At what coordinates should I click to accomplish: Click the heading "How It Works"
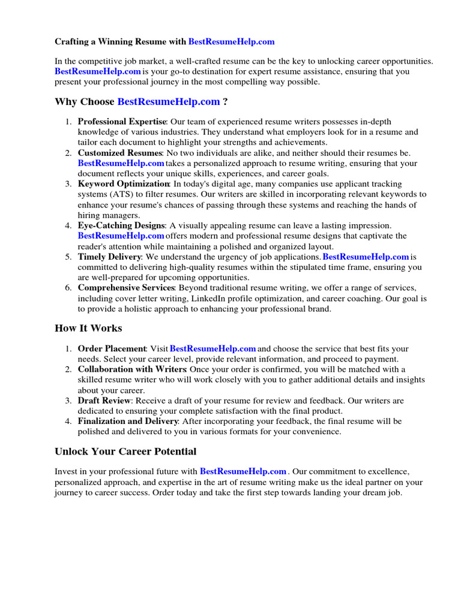pos(88,329)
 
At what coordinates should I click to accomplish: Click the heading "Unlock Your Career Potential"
pos(125,452)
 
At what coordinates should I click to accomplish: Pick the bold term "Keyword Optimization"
pos(124,184)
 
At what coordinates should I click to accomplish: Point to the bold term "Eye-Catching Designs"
pos(121,225)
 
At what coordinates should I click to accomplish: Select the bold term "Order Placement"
pos(112,349)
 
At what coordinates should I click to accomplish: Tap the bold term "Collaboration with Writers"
pos(132,369)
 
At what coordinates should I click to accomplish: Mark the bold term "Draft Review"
pos(104,401)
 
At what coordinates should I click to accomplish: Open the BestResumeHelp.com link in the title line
pos(231,42)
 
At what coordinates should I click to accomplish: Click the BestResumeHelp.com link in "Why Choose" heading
pos(169,102)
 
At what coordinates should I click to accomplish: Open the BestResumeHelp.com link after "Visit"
pos(213,349)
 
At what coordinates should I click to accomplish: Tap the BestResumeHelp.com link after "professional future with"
pos(243,472)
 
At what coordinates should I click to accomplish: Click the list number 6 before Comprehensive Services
pos(68,288)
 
